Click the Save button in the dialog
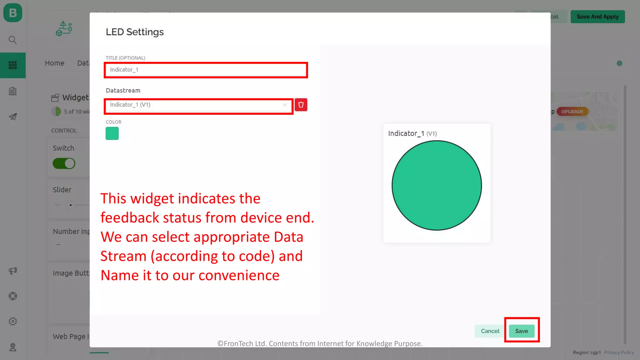coord(521,331)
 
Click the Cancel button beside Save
coord(490,331)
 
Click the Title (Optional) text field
coord(206,70)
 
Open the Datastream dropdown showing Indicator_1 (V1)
coord(198,105)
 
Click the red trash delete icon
coord(301,105)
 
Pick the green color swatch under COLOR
coord(112,133)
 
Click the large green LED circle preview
coord(437,185)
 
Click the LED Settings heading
coord(135,32)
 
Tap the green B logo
coord(13,13)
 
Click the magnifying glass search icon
coord(12,40)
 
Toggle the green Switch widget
coord(64,163)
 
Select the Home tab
coord(55,63)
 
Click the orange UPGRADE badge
coord(572,112)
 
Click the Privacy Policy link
coord(619,352)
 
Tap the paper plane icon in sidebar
coord(13,117)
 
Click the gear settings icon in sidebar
coord(13,321)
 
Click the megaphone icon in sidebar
coord(13,271)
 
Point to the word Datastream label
coord(123,90)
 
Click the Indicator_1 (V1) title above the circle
coord(412,133)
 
